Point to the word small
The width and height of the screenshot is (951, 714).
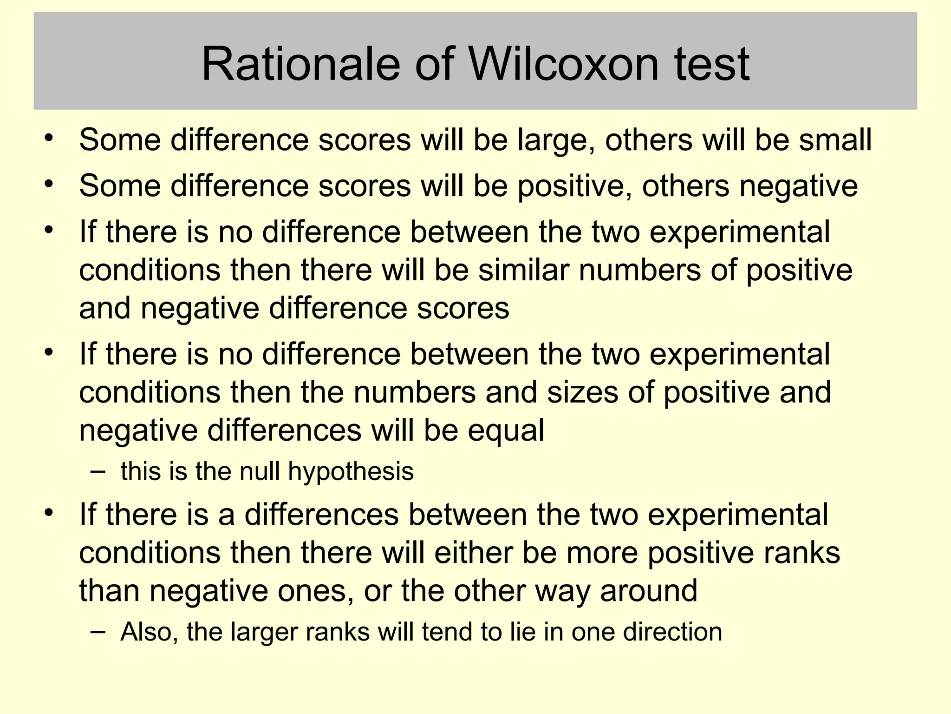835,140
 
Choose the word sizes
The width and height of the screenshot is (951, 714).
582,392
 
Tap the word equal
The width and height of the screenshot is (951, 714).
506,431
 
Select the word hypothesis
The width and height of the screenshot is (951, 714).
351,472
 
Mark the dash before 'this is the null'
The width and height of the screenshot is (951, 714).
98,471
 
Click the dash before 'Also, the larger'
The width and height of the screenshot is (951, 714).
98,631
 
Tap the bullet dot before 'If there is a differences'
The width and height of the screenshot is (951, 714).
49,513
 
